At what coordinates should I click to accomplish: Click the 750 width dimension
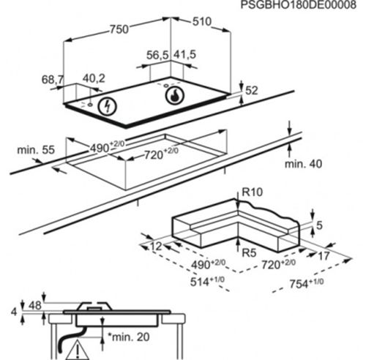point(119,29)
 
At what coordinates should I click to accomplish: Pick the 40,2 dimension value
point(93,78)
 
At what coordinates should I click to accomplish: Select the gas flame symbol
point(173,95)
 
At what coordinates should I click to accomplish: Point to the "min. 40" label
point(303,164)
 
